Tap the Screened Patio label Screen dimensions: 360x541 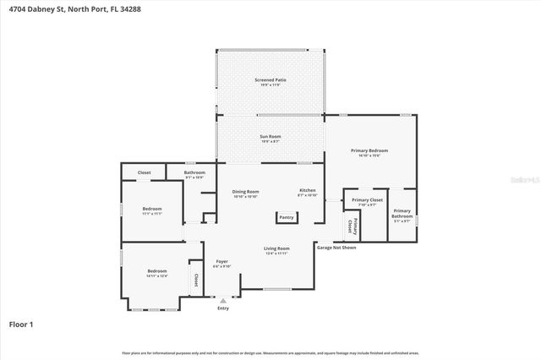[x=270, y=82]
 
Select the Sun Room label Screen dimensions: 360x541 [x=270, y=138]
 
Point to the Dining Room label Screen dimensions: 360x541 [x=245, y=194]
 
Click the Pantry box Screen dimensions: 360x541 [x=287, y=218]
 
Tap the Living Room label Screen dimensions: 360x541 [x=277, y=250]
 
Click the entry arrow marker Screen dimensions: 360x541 [x=223, y=300]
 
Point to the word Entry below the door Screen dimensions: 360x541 [x=223, y=308]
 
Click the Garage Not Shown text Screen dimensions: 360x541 [x=336, y=248]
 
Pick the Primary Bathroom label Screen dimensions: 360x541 [x=402, y=215]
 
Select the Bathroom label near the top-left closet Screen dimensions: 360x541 [x=194, y=174]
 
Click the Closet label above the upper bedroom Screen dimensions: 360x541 [x=145, y=172]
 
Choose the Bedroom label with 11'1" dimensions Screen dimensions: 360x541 [x=152, y=210]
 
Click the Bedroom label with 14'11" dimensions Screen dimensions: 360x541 [x=157, y=273]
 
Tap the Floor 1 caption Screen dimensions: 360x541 [x=20, y=324]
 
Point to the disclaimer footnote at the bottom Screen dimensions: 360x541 [x=270, y=352]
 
